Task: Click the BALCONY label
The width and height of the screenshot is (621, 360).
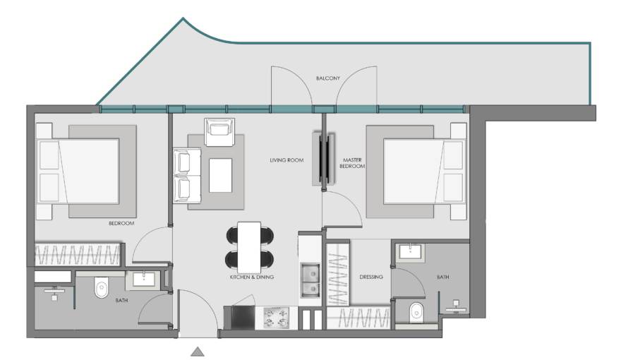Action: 328,78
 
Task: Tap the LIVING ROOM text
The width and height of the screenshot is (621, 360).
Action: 287,160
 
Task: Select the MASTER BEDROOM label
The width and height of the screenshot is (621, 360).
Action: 352,163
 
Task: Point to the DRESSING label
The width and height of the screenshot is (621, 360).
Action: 371,277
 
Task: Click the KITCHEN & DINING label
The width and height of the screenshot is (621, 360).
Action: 252,277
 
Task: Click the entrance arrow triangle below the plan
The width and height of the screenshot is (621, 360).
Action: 198,352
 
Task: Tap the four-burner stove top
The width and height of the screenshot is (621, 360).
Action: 277,318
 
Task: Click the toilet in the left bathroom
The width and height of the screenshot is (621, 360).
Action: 102,288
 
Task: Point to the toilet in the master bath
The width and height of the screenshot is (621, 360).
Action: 416,313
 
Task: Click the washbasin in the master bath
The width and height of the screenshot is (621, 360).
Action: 411,251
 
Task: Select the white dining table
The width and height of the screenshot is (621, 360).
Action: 249,248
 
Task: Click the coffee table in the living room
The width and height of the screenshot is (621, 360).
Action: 221,175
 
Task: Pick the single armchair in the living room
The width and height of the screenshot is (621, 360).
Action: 219,132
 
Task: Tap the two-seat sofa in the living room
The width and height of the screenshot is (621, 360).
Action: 187,176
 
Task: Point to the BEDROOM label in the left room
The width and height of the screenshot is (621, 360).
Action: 121,223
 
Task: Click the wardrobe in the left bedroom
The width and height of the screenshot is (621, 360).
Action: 78,254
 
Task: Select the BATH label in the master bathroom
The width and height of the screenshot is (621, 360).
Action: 443,277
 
